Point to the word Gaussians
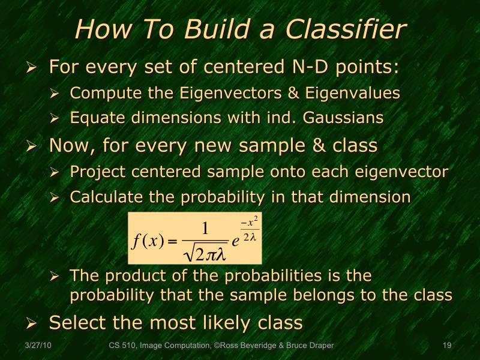[x=343, y=118]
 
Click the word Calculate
[x=102, y=196]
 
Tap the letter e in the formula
[x=237, y=240]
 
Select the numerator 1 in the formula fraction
[x=205, y=228]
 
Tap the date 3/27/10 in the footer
[x=38, y=346]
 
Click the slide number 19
[x=446, y=346]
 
